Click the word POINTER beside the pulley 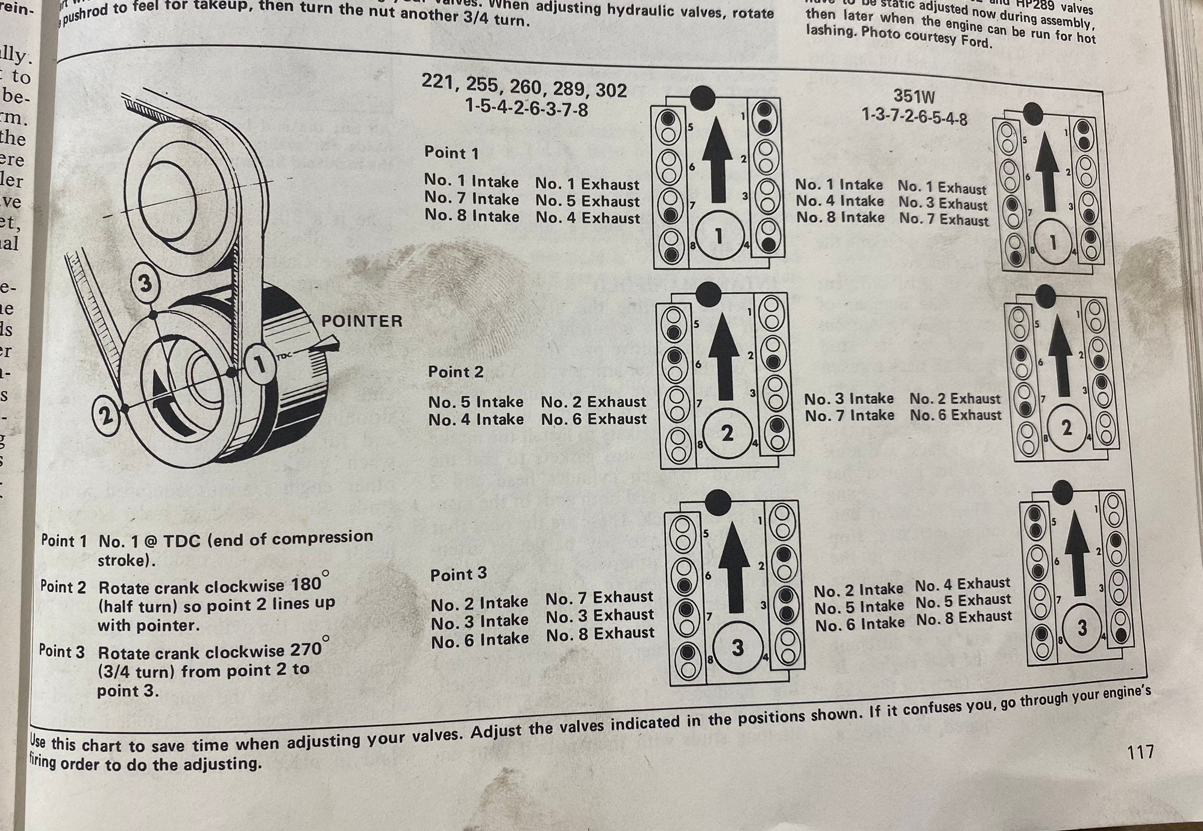pyautogui.click(x=362, y=321)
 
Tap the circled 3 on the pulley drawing pyautogui.click(x=145, y=283)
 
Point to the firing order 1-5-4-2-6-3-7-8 pyautogui.click(x=526, y=109)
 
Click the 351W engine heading pyautogui.click(x=914, y=97)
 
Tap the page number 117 pyautogui.click(x=1140, y=753)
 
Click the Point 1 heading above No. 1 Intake pyautogui.click(x=451, y=153)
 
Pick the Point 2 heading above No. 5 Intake pyautogui.click(x=456, y=372)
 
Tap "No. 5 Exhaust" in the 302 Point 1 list pyautogui.click(x=587, y=201)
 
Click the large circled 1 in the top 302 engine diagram pyautogui.click(x=718, y=236)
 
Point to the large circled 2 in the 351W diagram pyautogui.click(x=1067, y=427)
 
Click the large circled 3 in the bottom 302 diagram pyautogui.click(x=738, y=648)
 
